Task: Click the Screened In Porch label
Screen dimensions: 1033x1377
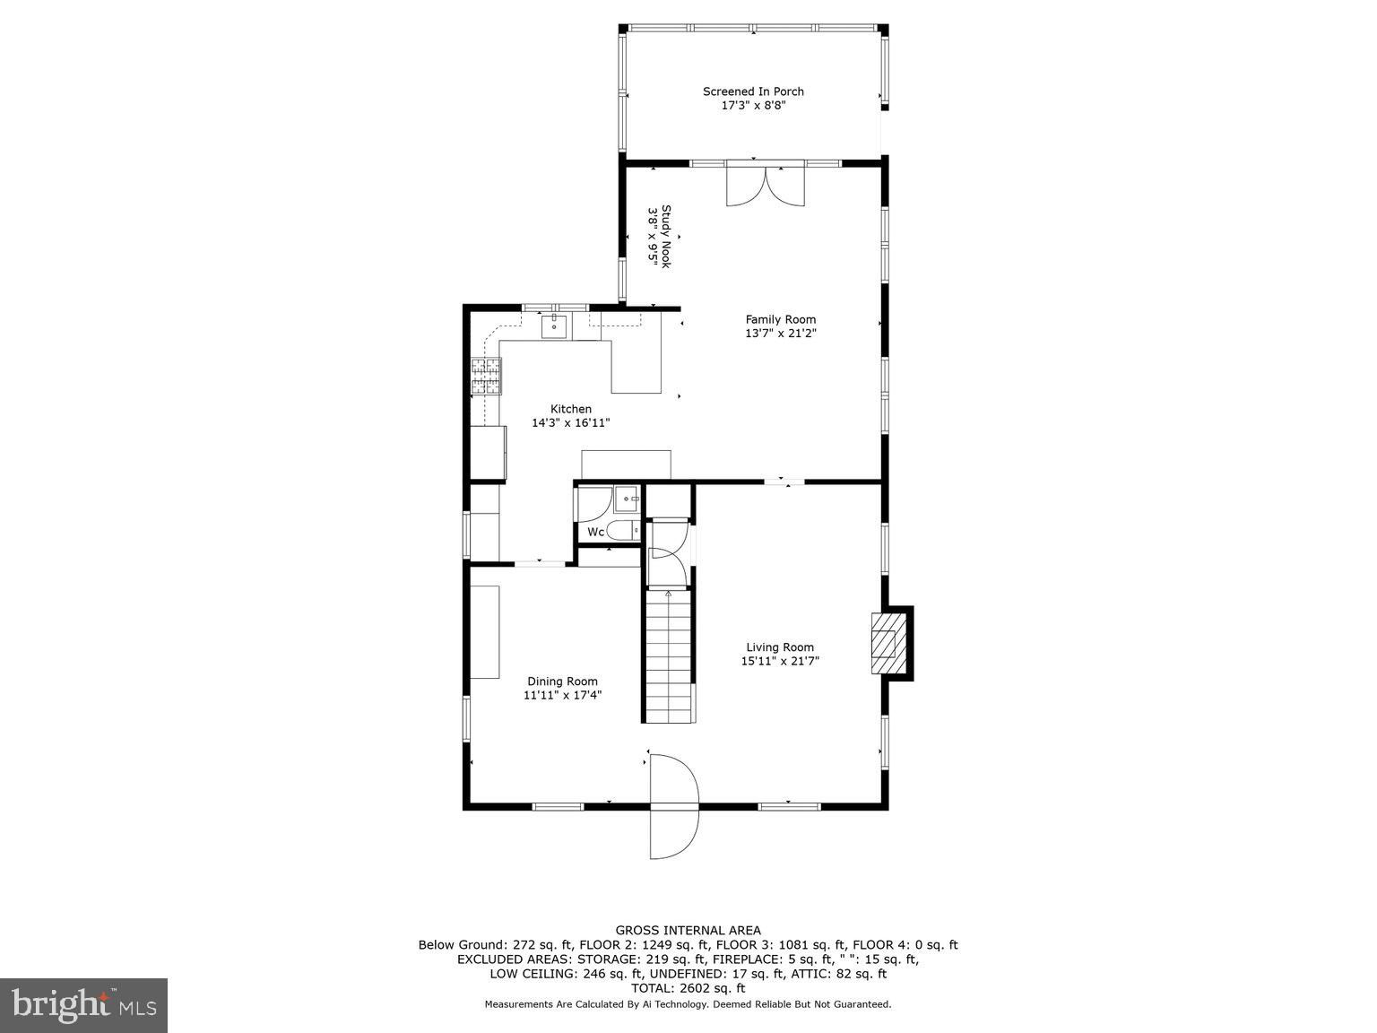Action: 753,91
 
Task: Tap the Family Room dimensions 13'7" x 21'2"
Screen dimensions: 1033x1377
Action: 781,334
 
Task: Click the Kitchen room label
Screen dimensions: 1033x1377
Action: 571,409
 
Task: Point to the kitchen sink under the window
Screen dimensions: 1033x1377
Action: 554,326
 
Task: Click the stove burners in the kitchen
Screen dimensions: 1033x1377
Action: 487,377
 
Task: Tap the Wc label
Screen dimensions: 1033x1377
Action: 595,532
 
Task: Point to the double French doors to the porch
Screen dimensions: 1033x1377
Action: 766,186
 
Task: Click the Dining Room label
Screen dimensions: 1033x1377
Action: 562,681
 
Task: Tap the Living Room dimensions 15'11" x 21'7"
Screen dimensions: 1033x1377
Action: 780,662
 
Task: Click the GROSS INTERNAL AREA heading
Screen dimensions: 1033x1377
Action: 688,931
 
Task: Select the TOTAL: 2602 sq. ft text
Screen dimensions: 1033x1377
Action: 688,988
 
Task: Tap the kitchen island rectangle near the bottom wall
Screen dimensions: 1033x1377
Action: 626,464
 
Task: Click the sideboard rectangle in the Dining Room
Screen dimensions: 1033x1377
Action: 485,632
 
